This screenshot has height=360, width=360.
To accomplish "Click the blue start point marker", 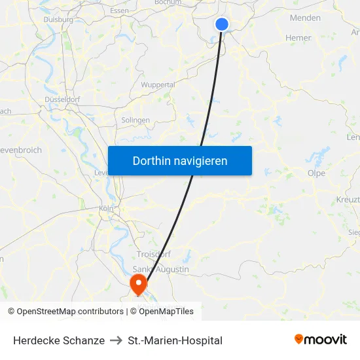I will pyautogui.click(x=222, y=24).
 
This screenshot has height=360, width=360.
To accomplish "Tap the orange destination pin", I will pyautogui.click(x=139, y=283).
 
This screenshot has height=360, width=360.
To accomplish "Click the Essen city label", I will pyautogui.click(x=120, y=10).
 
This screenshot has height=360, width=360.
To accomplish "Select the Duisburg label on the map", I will pyautogui.click(x=58, y=20).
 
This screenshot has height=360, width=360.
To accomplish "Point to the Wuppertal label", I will pyautogui.click(x=158, y=85).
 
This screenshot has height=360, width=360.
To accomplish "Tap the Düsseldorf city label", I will pyautogui.click(x=62, y=99).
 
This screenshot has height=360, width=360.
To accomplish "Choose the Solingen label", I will pyautogui.click(x=135, y=120).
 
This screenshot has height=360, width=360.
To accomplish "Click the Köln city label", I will pyautogui.click(x=106, y=208).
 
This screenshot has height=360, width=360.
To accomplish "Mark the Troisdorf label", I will pyautogui.click(x=153, y=254).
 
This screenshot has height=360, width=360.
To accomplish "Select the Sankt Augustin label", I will pyautogui.click(x=160, y=269).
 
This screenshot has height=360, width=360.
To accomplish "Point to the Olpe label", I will pyautogui.click(x=316, y=173).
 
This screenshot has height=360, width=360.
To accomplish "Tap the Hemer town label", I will pyautogui.click(x=298, y=38).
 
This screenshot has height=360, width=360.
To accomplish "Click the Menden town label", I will pyautogui.click(x=305, y=18).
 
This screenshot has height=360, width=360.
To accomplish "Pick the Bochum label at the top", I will pyautogui.click(x=168, y=3).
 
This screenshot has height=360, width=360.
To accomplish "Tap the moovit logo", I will pyautogui.click(x=321, y=340).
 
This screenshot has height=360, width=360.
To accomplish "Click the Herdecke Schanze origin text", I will pyautogui.click(x=59, y=340).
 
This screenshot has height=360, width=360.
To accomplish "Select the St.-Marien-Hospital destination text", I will pyautogui.click(x=175, y=340).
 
